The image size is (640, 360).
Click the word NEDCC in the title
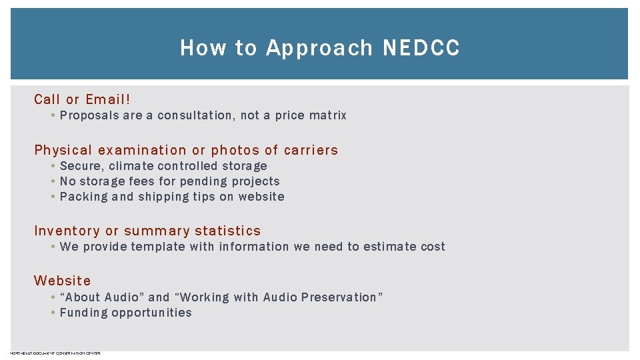click(421, 48)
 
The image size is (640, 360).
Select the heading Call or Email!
click(83, 99)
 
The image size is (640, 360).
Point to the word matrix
click(328, 115)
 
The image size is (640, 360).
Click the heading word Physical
click(64, 150)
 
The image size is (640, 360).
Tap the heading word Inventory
click(67, 231)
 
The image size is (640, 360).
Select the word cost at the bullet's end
click(433, 247)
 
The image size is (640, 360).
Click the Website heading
click(63, 281)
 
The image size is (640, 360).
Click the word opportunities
click(151, 313)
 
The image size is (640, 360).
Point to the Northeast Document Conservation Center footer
click(55, 353)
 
